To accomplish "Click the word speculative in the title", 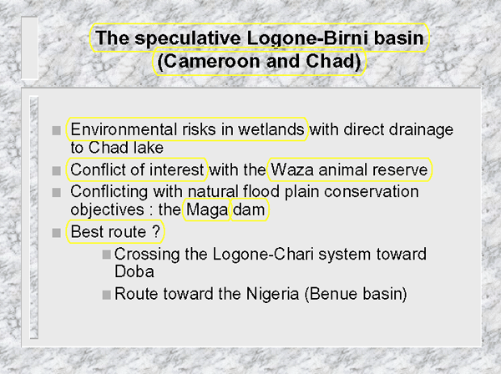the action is pyautogui.click(x=188, y=38).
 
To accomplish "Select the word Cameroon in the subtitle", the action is pyautogui.click(x=213, y=61).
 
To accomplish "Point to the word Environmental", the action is pyautogui.click(x=124, y=129).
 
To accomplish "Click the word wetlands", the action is pyautogui.click(x=271, y=129).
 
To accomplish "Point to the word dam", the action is pyautogui.click(x=249, y=210).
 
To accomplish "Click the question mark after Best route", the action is pyautogui.click(x=156, y=231).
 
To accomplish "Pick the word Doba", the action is pyautogui.click(x=134, y=271).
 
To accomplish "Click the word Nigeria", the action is pyautogui.click(x=272, y=294).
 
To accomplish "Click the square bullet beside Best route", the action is pyautogui.click(x=56, y=233).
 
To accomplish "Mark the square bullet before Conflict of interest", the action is pyautogui.click(x=56, y=170).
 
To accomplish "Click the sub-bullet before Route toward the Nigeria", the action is pyautogui.click(x=106, y=295).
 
